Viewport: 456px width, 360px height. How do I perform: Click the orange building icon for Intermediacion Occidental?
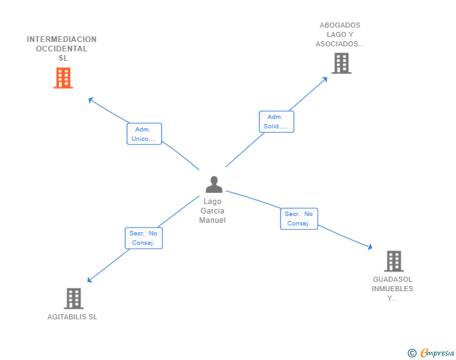[x=63, y=78]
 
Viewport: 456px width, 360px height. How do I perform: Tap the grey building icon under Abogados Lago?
[x=341, y=63]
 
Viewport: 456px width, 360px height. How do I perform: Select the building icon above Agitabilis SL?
[x=73, y=299]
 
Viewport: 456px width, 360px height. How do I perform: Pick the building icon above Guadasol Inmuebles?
[x=393, y=261]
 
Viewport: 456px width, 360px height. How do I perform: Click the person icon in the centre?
[x=214, y=185]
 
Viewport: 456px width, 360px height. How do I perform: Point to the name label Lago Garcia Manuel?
[x=212, y=211]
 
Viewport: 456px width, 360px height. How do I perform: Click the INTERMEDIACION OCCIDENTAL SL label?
[x=62, y=49]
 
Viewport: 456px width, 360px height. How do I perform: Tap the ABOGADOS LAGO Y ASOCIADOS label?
[x=339, y=35]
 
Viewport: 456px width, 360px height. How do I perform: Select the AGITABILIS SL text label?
[x=73, y=317]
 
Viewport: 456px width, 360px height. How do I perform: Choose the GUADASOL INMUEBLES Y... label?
[x=393, y=289]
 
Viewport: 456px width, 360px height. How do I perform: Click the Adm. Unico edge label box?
[x=144, y=134]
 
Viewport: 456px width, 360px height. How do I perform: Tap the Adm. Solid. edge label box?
[x=276, y=121]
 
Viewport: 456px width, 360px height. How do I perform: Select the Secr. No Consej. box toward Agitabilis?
[x=143, y=238]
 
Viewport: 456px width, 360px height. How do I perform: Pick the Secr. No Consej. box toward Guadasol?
[x=299, y=219]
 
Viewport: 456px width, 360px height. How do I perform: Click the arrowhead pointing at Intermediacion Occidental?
[x=90, y=99]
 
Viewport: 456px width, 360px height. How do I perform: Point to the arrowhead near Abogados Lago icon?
[x=325, y=79]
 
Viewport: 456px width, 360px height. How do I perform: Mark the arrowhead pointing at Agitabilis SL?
[x=90, y=280]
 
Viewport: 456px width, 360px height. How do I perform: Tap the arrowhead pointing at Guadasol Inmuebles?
[x=370, y=248]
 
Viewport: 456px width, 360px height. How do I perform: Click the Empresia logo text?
[x=437, y=353]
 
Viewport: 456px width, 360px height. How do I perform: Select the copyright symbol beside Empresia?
[x=412, y=353]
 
